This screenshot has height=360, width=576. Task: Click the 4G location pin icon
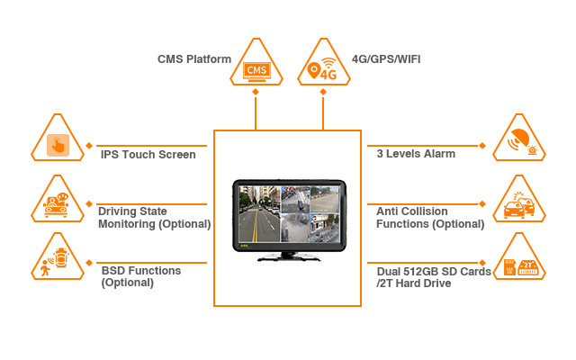(x=324, y=67)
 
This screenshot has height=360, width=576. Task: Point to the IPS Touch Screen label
(x=148, y=154)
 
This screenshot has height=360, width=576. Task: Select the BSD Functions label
(x=140, y=276)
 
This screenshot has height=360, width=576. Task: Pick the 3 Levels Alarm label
(x=415, y=154)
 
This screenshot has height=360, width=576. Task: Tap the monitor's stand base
(x=288, y=259)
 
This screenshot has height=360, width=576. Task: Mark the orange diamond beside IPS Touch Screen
(x=89, y=145)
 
